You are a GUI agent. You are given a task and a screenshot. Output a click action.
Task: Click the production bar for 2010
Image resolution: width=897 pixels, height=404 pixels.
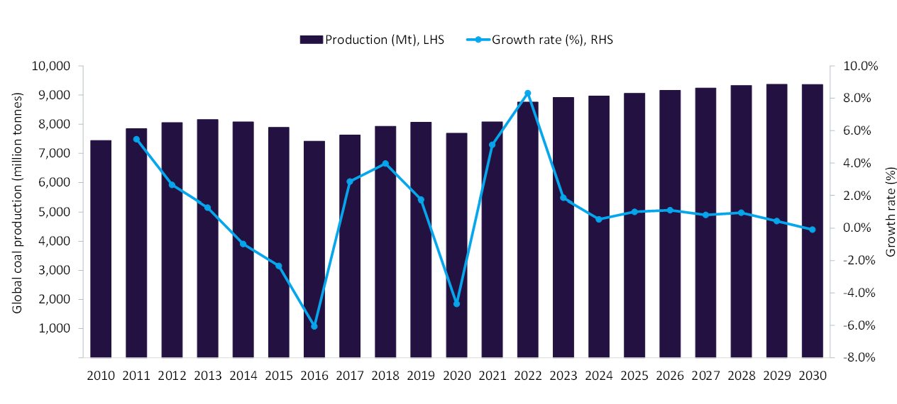coord(101,249)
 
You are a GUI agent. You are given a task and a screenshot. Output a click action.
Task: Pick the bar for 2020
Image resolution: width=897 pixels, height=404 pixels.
coord(456,245)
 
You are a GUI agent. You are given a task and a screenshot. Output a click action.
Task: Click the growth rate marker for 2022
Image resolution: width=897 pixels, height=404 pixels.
coord(527,94)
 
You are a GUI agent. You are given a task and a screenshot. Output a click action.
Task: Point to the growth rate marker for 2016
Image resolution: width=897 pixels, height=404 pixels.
coord(314,326)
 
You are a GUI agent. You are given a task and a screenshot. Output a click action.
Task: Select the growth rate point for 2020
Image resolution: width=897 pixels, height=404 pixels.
coord(456,303)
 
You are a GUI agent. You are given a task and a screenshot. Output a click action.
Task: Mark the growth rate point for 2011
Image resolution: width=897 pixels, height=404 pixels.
coord(136,140)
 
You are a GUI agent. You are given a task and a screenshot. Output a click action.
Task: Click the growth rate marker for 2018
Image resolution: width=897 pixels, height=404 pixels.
coord(385,164)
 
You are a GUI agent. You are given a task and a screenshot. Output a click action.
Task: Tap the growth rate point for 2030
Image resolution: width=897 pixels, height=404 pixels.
coord(812,230)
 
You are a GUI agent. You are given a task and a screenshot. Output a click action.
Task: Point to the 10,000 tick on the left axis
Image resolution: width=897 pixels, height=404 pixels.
coord(50,66)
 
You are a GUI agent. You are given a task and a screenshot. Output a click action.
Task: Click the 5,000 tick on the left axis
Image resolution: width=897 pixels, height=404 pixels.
coord(53,212)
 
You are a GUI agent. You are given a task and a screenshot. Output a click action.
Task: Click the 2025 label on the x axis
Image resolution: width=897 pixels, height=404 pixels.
coord(634,376)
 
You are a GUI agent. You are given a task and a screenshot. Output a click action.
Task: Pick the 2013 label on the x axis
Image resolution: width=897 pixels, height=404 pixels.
coord(207,376)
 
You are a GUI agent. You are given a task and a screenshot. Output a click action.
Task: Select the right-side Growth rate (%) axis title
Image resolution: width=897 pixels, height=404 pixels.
coord(891,212)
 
